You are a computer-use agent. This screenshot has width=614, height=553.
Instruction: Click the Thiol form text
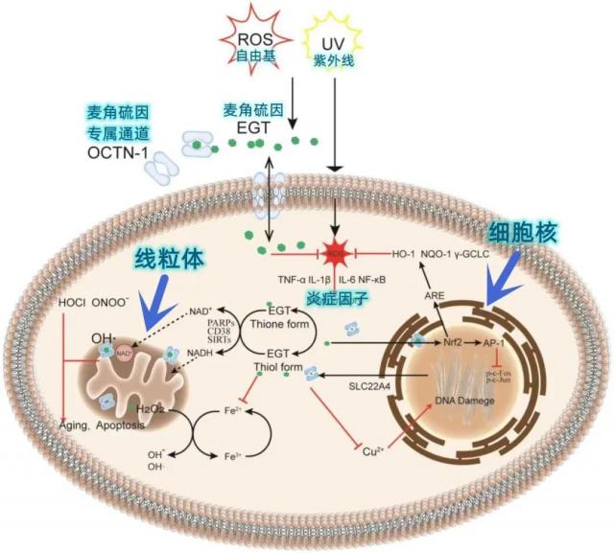click(277, 366)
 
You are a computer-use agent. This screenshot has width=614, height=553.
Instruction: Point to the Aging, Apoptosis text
click(105, 423)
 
